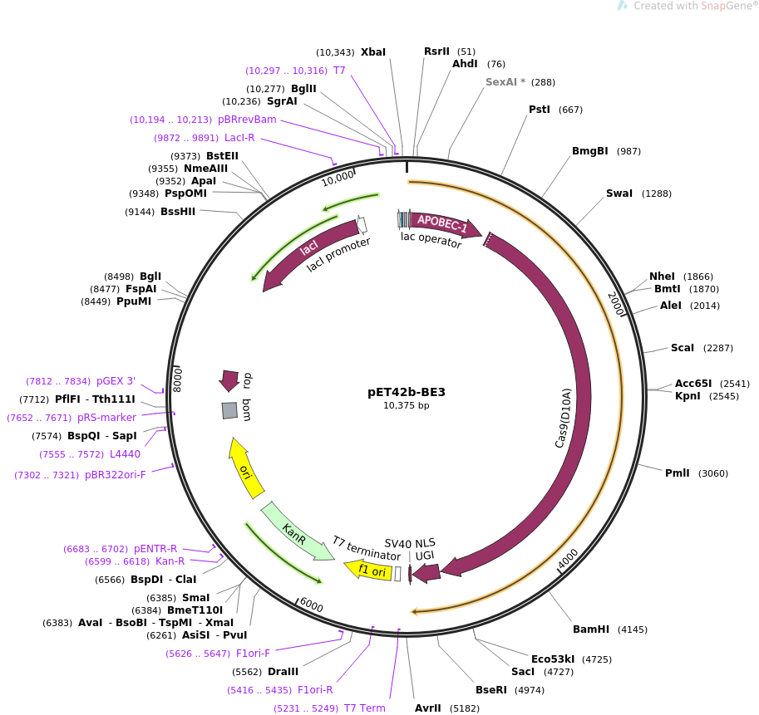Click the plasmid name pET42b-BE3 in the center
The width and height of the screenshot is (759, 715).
point(407,392)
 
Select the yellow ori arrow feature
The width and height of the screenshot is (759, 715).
point(246,468)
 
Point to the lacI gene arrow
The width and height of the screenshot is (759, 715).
point(303,252)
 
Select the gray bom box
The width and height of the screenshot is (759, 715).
point(229,410)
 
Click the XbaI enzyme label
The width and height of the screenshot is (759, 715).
point(373,52)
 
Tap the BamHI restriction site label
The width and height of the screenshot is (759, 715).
point(591,629)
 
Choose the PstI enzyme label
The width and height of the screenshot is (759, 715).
point(540,110)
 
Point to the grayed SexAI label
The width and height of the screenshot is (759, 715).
point(505,82)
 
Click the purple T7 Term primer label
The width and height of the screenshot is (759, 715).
point(365,708)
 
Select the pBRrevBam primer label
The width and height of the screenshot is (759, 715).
point(247,120)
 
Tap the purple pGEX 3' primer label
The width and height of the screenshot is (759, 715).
point(116,381)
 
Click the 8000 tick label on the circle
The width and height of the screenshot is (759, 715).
point(177,379)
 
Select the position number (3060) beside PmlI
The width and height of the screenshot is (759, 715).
point(713,473)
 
